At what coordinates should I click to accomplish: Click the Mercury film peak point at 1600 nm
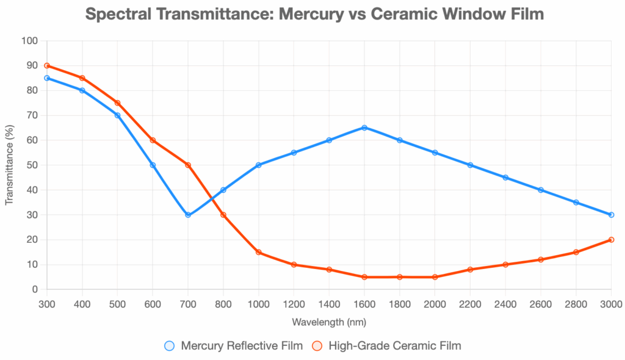(x=364, y=128)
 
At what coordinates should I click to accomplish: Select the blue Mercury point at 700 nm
(x=188, y=215)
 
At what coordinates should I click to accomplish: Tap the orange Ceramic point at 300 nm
(x=47, y=65)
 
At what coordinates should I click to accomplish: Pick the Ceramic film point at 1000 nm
(x=259, y=252)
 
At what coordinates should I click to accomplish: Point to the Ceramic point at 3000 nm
(x=611, y=240)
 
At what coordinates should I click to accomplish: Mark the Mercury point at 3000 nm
(x=611, y=215)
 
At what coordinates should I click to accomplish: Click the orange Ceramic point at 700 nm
(x=188, y=165)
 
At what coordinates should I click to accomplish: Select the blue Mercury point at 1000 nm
(x=259, y=165)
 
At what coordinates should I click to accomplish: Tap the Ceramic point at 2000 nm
(x=435, y=277)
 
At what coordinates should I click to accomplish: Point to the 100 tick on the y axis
(x=30, y=41)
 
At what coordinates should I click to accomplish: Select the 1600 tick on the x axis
(x=364, y=303)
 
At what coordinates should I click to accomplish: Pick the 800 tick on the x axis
(x=223, y=303)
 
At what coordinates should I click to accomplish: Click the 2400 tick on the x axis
(x=505, y=303)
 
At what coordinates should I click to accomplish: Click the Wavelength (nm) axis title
(x=329, y=322)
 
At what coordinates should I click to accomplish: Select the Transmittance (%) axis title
(x=10, y=165)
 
